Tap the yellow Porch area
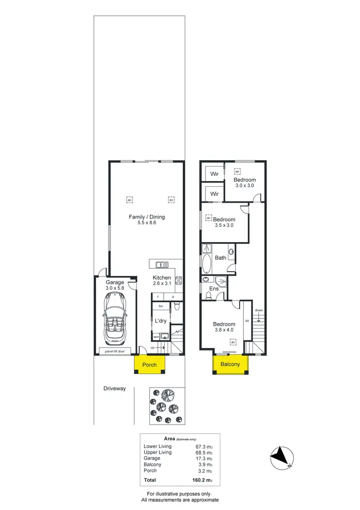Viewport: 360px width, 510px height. [150, 365]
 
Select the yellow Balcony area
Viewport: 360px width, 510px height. [230, 364]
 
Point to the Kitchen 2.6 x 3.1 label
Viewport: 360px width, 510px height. [162, 281]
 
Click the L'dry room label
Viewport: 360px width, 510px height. [160, 320]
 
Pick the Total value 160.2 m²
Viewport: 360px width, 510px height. [202, 480]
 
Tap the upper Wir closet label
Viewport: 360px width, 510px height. [215, 174]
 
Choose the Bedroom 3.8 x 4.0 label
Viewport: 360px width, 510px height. [224, 327]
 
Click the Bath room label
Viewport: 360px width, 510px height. [220, 258]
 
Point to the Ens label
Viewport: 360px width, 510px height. [214, 289]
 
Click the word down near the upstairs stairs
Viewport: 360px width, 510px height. [259, 310]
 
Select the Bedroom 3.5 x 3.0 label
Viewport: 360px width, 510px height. [224, 222]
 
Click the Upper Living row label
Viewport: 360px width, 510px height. [157, 452]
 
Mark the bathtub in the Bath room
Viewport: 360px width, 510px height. [207, 264]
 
